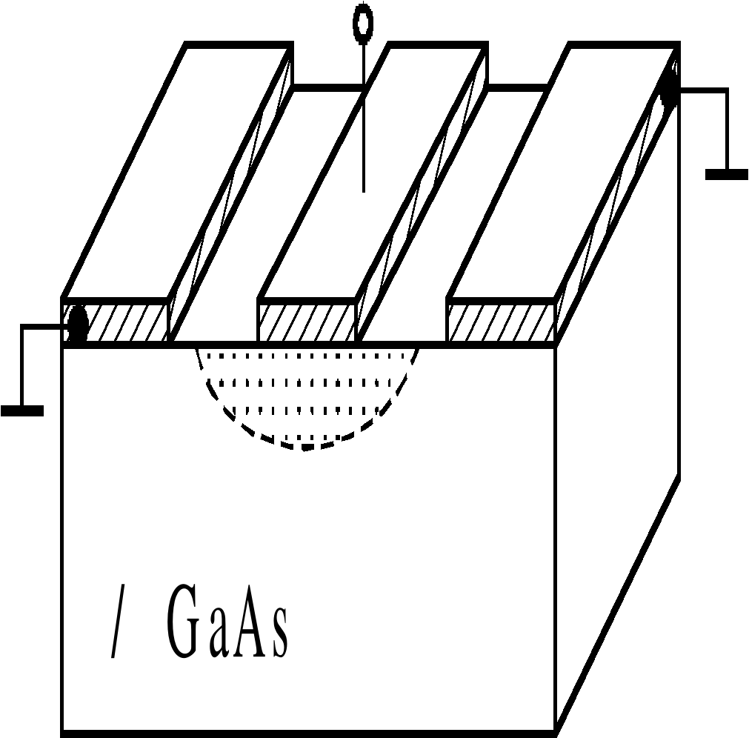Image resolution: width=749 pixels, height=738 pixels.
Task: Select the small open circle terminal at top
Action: [362, 24]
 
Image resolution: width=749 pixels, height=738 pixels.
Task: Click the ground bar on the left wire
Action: [22, 410]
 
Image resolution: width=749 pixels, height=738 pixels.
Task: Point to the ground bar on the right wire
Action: [726, 174]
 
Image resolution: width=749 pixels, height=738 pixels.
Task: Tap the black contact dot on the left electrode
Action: [77, 325]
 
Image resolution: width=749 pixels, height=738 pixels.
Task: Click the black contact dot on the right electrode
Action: [670, 92]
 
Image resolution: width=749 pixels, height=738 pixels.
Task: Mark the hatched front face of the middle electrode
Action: [307, 323]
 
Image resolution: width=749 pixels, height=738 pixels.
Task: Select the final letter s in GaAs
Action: [278, 634]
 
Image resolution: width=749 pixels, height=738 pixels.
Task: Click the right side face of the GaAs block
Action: [619, 445]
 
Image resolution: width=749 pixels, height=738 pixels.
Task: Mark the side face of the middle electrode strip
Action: [422, 193]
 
